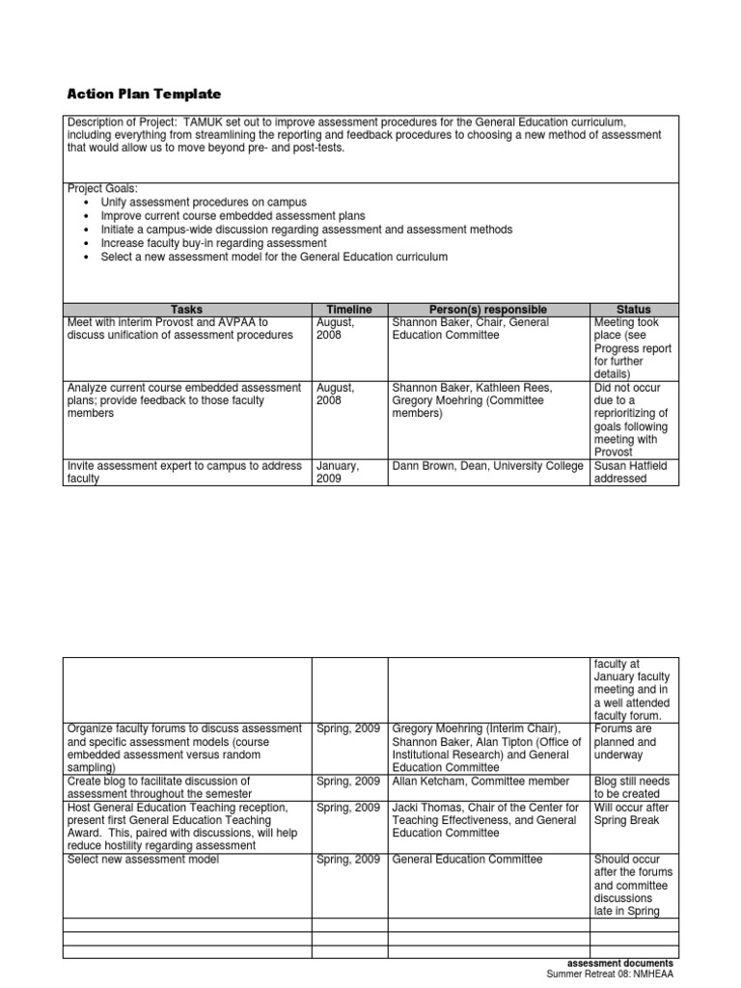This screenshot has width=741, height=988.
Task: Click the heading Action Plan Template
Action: pos(144,94)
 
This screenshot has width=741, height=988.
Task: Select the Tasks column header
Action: pos(186,309)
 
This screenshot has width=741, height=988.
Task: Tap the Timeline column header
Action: pos(348,309)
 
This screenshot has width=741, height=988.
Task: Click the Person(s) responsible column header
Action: pos(488,309)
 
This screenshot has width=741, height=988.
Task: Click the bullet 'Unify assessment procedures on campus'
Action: pos(203,203)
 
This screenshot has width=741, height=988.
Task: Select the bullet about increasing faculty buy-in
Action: pos(213,244)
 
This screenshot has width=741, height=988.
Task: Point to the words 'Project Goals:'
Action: pos(103,189)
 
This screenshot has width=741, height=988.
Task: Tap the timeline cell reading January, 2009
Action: pos(338,472)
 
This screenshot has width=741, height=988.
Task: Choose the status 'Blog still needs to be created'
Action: pos(633,787)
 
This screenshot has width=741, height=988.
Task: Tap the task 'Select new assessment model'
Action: pos(143,859)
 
